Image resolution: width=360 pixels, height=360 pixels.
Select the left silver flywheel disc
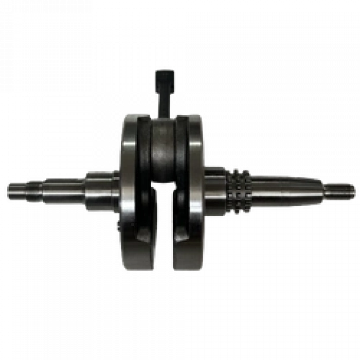click(x=129, y=190)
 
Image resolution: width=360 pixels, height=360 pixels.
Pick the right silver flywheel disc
click(x=195, y=190)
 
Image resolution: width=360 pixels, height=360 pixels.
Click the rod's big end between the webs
click(x=164, y=154)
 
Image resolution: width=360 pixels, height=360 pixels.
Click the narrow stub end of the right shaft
click(x=337, y=190)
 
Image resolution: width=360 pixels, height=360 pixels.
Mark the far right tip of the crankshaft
click(x=356, y=190)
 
